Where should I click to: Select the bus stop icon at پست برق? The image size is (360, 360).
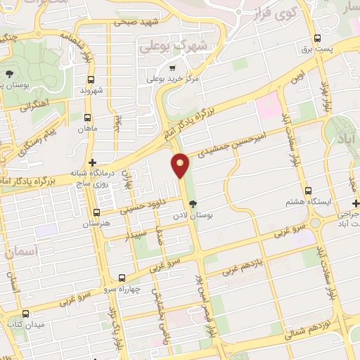(x=319, y=39)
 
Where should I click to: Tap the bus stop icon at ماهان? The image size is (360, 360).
(x=87, y=118)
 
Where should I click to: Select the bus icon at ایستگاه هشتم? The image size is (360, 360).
(x=308, y=191)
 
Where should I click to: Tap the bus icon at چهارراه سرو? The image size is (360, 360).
(x=122, y=278)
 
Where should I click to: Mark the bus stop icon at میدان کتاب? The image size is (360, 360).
(x=26, y=314)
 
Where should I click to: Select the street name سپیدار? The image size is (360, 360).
(x=136, y=232)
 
